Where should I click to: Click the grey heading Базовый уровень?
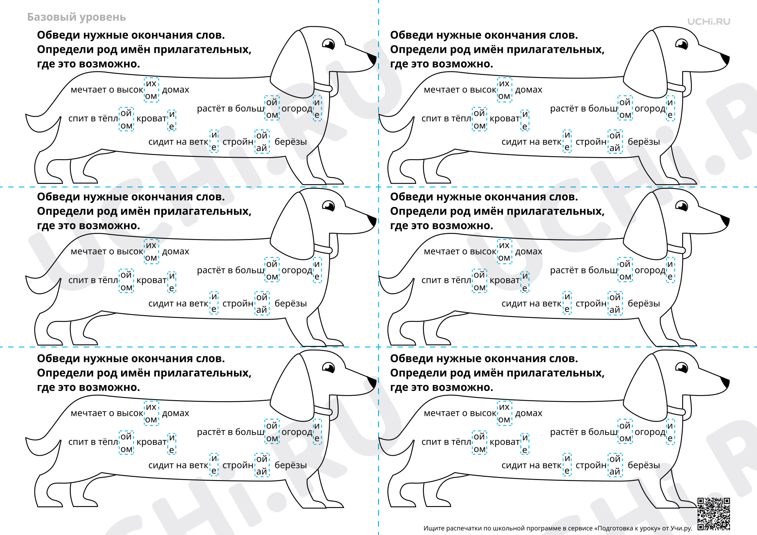(x=77, y=17)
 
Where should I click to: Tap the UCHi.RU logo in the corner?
(x=709, y=22)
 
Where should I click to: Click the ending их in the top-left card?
(x=151, y=83)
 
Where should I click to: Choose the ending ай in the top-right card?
(x=615, y=148)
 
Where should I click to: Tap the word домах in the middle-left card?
(x=175, y=251)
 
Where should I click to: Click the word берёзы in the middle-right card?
(x=644, y=303)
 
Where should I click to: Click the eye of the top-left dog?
(x=328, y=44)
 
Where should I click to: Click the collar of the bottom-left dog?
(x=323, y=410)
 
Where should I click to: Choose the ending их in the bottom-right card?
(x=504, y=407)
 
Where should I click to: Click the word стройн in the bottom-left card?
(x=238, y=465)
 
